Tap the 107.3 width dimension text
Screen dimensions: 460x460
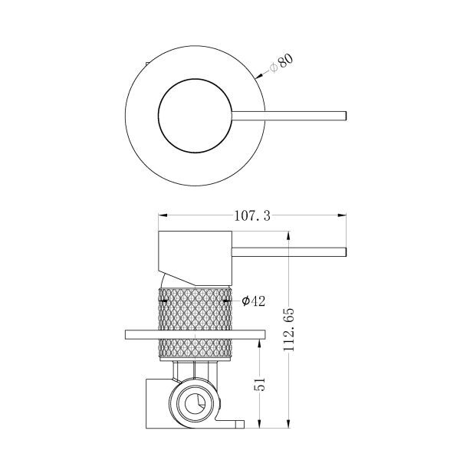point(251,216)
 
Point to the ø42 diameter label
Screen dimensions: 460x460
point(253,301)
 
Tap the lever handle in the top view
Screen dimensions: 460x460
point(291,116)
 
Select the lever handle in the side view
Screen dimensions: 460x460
point(291,251)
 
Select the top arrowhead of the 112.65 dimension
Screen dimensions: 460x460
point(288,232)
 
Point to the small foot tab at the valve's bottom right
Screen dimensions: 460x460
point(236,423)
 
